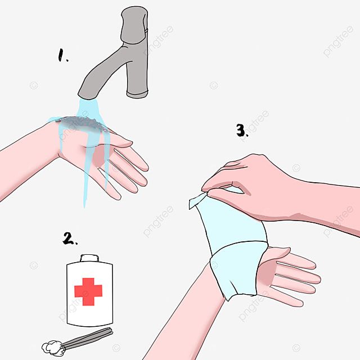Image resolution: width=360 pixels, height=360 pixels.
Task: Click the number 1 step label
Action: [x=62, y=55]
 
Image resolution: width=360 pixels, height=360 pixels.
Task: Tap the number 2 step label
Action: [x=69, y=238]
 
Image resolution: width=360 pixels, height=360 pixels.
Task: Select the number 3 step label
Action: [x=242, y=130]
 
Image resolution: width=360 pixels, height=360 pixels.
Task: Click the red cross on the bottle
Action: [x=88, y=291]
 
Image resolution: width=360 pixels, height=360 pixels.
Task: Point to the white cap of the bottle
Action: [x=89, y=258]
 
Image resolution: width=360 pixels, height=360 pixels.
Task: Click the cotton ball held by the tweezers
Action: [x=52, y=348]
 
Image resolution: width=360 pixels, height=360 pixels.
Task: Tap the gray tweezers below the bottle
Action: [x=87, y=339]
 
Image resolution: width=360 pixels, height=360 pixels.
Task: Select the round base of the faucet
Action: [x=137, y=94]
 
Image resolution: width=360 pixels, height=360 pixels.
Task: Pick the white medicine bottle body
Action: [x=89, y=294]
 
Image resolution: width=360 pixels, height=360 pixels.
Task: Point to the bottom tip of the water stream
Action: [x=84, y=206]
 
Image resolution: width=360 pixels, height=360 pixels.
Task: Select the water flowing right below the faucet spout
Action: [x=88, y=108]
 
